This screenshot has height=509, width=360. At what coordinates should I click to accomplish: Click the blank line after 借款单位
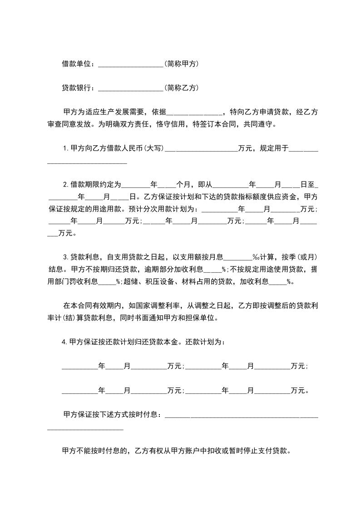pos(130,65)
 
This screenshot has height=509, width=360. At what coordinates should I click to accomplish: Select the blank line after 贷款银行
pos(130,88)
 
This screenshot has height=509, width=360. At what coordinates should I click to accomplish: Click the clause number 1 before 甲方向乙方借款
pos(64,148)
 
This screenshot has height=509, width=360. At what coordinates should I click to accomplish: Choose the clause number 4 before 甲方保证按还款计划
pos(64,342)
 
